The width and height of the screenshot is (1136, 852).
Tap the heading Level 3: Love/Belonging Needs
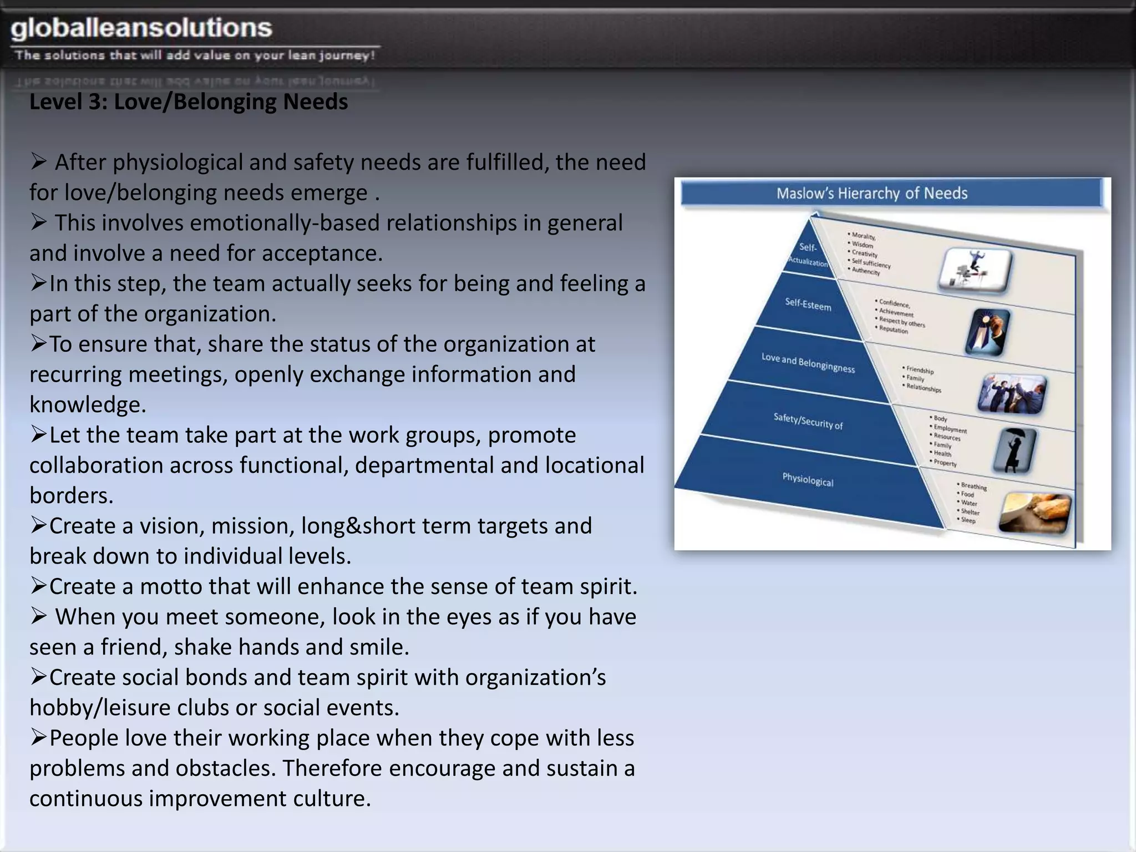coord(189,102)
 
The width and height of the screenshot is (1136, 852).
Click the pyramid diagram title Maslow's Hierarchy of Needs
coord(871,194)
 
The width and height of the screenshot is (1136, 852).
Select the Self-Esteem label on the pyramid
coord(808,305)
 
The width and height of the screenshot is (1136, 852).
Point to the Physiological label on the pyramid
coord(808,479)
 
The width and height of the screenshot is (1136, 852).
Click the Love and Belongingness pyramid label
coord(808,363)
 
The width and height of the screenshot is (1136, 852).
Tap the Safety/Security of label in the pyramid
coord(808,421)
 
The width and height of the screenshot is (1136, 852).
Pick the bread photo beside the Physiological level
coord(1034,513)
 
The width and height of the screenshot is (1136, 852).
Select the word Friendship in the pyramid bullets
coord(920,370)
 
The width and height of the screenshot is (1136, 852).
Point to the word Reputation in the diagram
coord(894,330)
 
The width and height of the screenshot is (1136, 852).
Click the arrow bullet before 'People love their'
coord(38,738)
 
